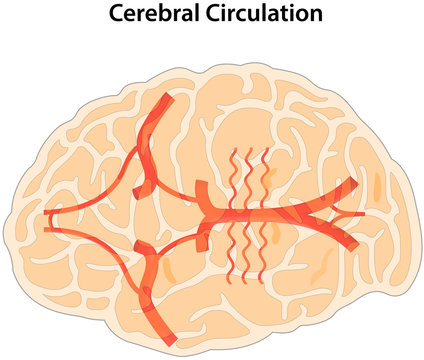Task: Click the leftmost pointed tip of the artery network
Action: pos(46,214)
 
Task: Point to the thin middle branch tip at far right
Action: pos(361,214)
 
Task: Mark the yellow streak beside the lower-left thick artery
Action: pos(168,271)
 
